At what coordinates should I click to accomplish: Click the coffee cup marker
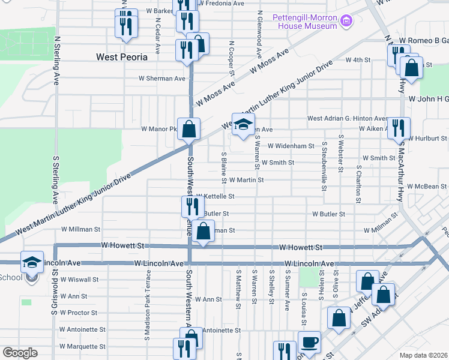pos(309,343)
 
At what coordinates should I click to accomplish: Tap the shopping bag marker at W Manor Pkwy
pos(188,128)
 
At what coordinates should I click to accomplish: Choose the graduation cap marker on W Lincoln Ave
pos(32,262)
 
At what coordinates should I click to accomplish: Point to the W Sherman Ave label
pos(162,79)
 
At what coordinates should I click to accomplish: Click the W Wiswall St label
pos(79,280)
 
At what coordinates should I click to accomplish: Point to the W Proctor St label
pos(79,313)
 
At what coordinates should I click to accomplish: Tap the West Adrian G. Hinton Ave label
pos(348,119)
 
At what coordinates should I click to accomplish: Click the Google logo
pos(20,352)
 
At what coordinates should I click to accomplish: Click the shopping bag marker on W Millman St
pos(204,230)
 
